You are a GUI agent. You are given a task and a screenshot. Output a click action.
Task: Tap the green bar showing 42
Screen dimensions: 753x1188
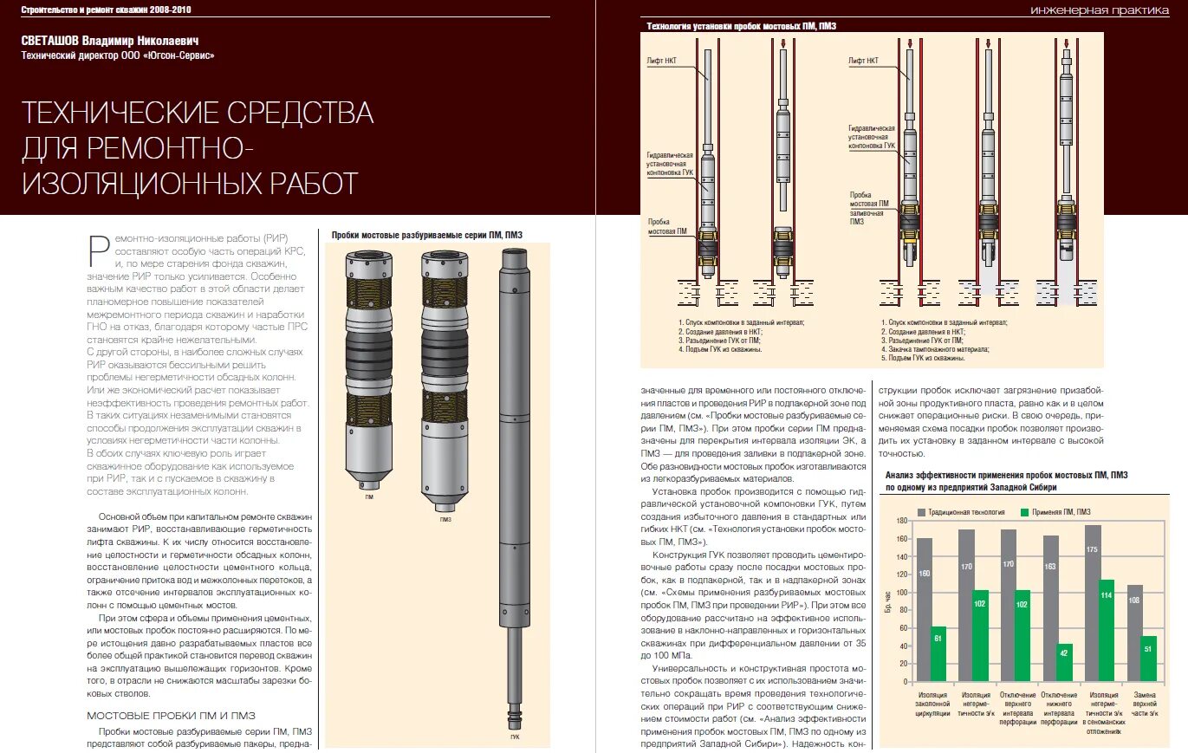(1065, 662)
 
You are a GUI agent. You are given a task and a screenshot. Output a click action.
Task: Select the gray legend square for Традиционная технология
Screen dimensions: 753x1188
(922, 512)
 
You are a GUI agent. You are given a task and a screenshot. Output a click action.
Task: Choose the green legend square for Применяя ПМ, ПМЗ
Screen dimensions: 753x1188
(1023, 512)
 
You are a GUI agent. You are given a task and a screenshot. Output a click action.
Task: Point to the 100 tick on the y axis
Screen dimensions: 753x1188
(902, 592)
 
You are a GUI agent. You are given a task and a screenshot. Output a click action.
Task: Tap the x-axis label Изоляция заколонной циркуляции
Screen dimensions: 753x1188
(932, 704)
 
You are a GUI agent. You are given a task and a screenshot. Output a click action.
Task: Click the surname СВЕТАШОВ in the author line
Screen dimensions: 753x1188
(56, 40)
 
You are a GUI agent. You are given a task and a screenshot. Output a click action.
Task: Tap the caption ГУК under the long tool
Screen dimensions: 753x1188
(515, 737)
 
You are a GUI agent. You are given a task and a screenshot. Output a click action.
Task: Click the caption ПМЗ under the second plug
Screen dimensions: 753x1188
(445, 520)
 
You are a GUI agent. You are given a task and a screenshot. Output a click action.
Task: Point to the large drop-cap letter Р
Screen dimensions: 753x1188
(98, 250)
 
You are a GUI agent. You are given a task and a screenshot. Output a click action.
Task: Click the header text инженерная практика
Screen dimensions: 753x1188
(1106, 10)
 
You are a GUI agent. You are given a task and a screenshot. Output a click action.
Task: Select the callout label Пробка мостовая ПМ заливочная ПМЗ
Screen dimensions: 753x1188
(869, 208)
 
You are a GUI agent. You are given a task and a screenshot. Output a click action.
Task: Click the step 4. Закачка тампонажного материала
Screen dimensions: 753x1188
(936, 349)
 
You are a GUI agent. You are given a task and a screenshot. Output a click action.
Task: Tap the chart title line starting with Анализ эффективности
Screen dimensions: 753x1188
(1005, 475)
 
